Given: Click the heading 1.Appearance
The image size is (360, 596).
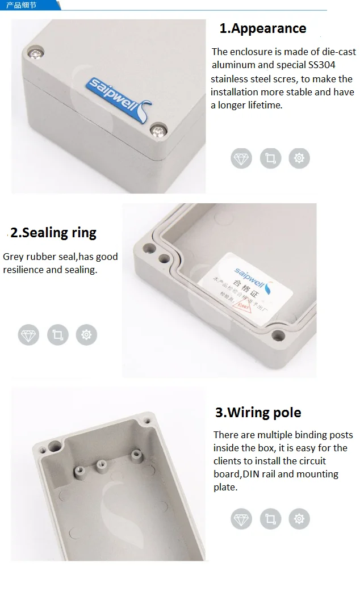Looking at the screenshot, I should [263, 28].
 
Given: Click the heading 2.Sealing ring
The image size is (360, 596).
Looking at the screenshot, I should [53, 233].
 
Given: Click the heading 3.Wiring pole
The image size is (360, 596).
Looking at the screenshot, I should [258, 413].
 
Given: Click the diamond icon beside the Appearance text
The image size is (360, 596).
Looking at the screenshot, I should [241, 158].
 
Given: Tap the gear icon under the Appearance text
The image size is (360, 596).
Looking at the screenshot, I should [299, 158].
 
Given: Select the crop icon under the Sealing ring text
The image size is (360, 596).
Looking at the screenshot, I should [57, 335].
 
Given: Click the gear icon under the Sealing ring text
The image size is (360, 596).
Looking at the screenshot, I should [86, 335].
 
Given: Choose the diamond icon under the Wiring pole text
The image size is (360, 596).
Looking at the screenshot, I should [241, 518].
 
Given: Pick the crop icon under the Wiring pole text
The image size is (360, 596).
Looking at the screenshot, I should [270, 518].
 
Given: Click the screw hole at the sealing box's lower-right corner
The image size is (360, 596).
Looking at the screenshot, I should [278, 334].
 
